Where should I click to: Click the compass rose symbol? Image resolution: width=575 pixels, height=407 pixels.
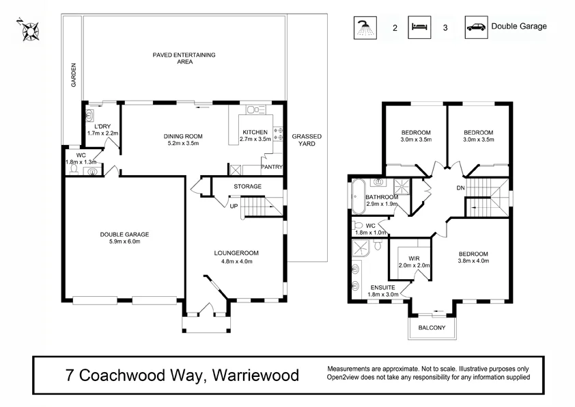[x=29, y=29]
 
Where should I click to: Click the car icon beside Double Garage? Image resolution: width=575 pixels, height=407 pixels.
[x=475, y=27]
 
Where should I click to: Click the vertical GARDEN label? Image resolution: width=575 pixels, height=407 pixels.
[x=74, y=75]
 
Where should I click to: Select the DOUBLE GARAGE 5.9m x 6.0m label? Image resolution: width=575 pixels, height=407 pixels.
[x=124, y=238]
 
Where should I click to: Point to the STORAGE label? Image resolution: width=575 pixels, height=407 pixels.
[x=247, y=186]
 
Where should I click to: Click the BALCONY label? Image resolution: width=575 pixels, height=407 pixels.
[x=432, y=328]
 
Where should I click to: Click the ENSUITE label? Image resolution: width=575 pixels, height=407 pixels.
[x=382, y=288]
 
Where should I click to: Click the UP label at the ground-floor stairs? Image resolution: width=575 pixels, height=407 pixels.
[x=234, y=206]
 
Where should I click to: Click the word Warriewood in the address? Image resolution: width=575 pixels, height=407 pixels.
[x=256, y=375]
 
